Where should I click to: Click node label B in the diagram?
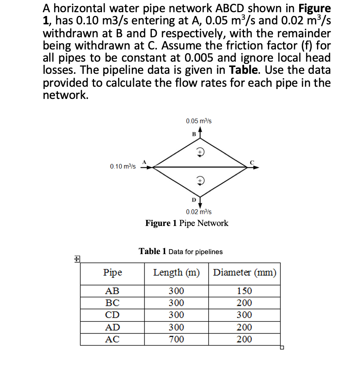193,134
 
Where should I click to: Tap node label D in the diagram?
193,199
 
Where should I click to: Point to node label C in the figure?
252,162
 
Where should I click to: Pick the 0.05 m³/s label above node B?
199,121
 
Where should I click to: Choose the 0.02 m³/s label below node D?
199,212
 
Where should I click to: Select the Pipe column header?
113,273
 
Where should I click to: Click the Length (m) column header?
176,273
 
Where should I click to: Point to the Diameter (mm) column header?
244,273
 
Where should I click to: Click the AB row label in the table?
112,291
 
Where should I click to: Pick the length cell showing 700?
176,339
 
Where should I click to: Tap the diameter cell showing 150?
244,291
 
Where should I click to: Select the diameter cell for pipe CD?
244,315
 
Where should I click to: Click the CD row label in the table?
112,315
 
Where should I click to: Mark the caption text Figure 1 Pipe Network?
187,223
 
